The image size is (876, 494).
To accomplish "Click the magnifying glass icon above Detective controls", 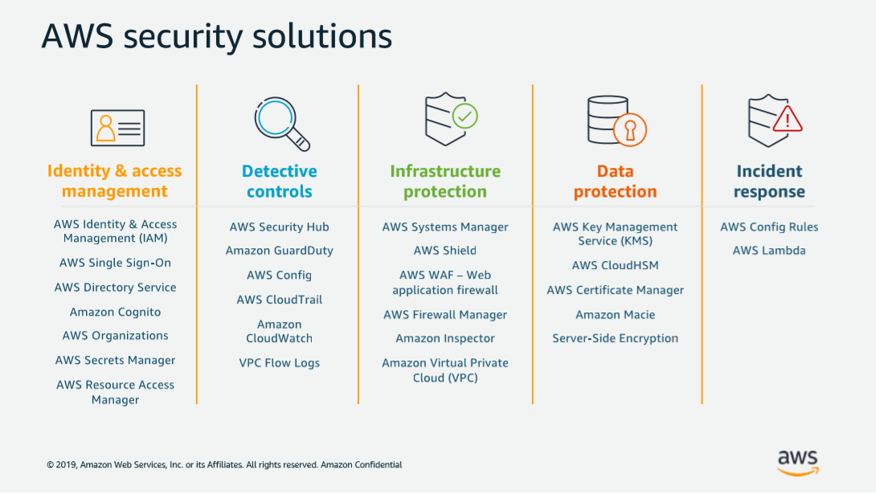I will pos(280,122).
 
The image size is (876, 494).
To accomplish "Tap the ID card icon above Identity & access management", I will pos(117,128).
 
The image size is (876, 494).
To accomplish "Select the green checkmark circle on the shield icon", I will pos(465,116).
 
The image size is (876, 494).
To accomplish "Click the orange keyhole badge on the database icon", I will pos(630,129).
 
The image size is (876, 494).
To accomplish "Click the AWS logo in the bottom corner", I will pos(797,461).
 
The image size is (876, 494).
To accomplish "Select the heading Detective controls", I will pos(280,182).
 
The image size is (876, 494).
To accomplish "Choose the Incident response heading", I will pos(769,182).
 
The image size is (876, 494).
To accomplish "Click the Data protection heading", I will pos(616,182).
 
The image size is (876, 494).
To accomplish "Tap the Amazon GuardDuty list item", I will pos(280,251).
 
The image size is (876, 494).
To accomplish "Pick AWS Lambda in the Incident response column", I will pos(769,251).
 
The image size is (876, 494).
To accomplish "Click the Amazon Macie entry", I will pos(616,315).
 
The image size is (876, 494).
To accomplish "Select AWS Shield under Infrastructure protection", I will pos(445,251).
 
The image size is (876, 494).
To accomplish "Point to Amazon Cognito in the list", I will pos(115,312).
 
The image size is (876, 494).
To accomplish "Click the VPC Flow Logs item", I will pos(280,363).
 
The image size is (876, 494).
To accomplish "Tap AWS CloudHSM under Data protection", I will pos(616,266).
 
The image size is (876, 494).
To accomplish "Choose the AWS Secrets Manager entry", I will pos(115,361).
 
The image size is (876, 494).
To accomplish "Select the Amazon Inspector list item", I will pos(445,339).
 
